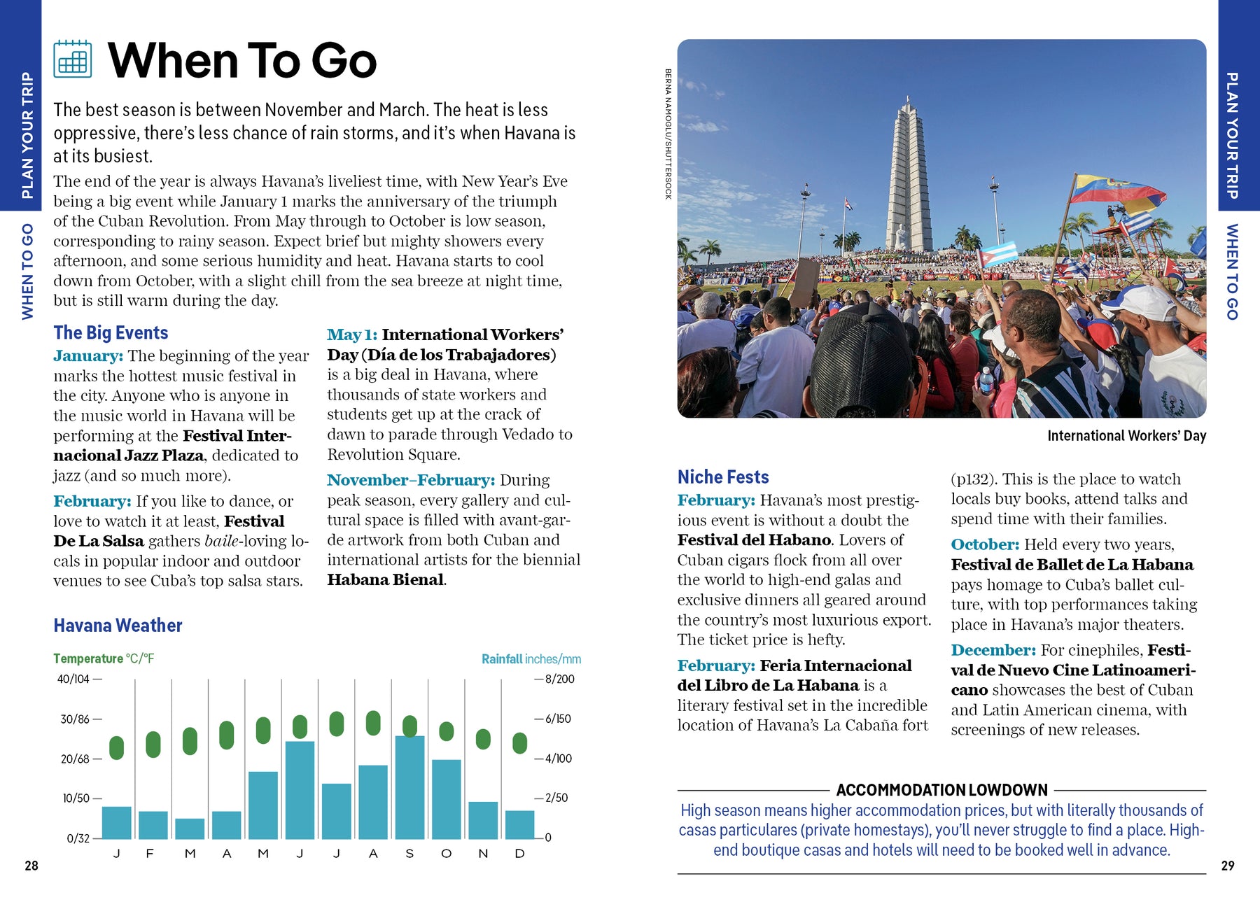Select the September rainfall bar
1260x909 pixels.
pyautogui.click(x=409, y=787)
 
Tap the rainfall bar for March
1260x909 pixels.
pyautogui.click(x=190, y=829)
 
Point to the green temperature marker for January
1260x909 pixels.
pyautogui.click(x=117, y=747)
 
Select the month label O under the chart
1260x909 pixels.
pyautogui.click(x=446, y=854)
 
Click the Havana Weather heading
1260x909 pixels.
pyautogui.click(x=118, y=626)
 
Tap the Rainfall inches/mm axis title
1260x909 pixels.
pyautogui.click(x=531, y=659)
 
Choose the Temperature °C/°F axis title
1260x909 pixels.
pyautogui.click(x=104, y=658)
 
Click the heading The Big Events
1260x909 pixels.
pyautogui.click(x=111, y=332)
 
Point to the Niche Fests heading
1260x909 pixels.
pyautogui.click(x=723, y=477)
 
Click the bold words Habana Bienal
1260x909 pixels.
pyautogui.click(x=386, y=579)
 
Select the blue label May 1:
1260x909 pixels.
pyautogui.click(x=351, y=334)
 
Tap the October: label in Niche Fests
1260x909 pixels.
pyautogui.click(x=984, y=544)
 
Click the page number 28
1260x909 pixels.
pyautogui.click(x=31, y=866)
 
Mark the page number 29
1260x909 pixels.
pyautogui.click(x=1228, y=866)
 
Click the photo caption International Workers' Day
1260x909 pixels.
pyautogui.click(x=1126, y=436)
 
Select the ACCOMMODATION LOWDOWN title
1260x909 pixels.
pyautogui.click(x=941, y=790)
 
